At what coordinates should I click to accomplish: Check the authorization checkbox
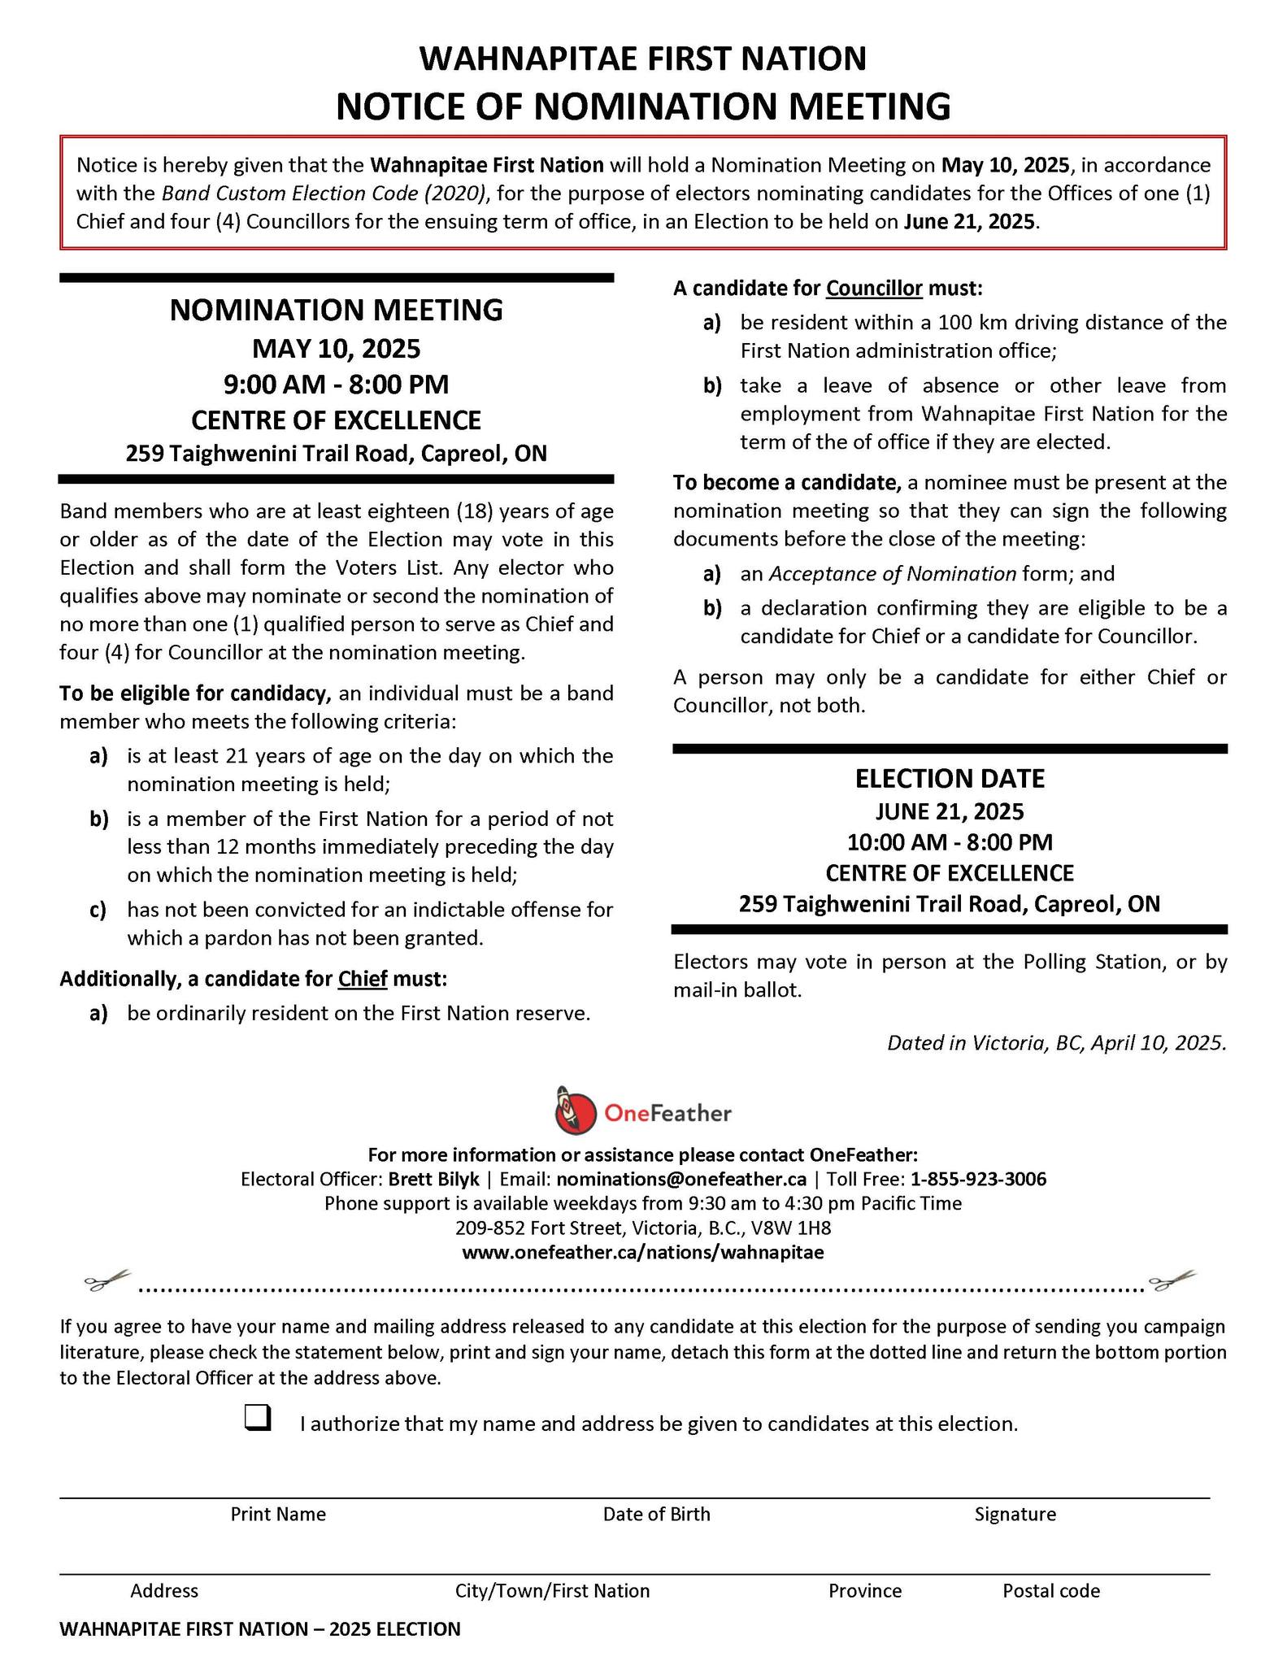click(257, 1418)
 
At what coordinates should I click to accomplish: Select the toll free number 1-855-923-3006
click(978, 1179)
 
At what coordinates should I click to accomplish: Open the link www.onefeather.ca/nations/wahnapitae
click(642, 1252)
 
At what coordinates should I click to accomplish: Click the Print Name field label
click(278, 1514)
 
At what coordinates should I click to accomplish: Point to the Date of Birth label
click(656, 1514)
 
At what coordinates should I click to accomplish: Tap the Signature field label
click(1015, 1514)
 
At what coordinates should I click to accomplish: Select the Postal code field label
click(1050, 1590)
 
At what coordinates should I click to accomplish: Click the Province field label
click(865, 1590)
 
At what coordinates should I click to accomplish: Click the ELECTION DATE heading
click(949, 778)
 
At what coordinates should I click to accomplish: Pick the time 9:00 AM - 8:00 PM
click(336, 384)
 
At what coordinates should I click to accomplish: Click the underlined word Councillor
click(874, 289)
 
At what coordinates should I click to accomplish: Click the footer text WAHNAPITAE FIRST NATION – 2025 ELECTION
click(260, 1628)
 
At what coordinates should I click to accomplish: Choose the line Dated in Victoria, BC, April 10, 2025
click(1056, 1042)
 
